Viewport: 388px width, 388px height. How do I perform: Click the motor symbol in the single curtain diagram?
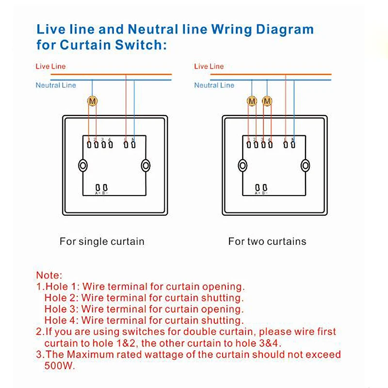92,101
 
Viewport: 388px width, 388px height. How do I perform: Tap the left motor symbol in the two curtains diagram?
252,101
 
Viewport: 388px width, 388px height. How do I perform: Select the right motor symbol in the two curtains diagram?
267,101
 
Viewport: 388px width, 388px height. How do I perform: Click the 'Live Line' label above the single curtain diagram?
50,66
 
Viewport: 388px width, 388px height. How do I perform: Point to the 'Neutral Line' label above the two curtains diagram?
214,85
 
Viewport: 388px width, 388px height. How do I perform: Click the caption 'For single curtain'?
102,241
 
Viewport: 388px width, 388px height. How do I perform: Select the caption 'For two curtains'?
267,241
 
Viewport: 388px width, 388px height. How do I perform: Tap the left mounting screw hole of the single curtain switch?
83,165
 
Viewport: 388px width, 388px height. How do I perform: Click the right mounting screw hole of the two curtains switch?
305,165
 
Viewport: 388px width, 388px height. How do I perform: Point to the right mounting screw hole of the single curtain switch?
145,165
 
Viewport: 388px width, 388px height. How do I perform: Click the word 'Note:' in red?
49,275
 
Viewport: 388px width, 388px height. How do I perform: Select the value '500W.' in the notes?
60,366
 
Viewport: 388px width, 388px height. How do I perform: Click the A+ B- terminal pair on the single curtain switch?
101,188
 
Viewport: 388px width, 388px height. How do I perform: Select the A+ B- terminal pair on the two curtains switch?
261,188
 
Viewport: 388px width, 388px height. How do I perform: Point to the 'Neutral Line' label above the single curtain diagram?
55,85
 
